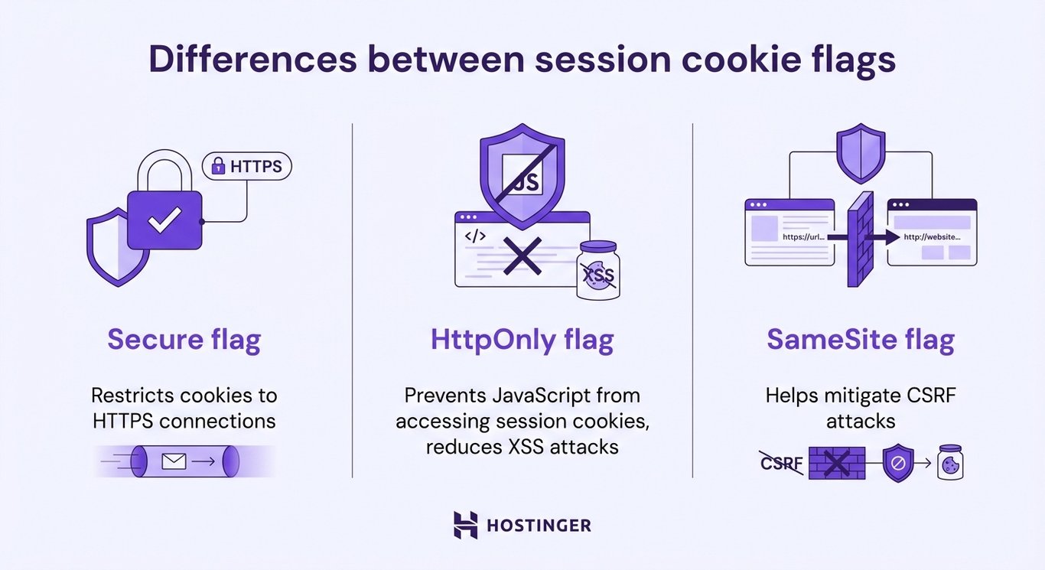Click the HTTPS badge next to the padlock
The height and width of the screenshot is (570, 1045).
pyautogui.click(x=246, y=165)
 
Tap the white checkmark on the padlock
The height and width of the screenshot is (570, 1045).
pyautogui.click(x=164, y=220)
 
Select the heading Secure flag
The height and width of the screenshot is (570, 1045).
pyautogui.click(x=184, y=340)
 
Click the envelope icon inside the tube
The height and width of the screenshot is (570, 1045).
pyautogui.click(x=174, y=461)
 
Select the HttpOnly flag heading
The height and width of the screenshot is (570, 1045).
pyautogui.click(x=522, y=340)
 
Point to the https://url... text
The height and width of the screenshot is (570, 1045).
pyautogui.click(x=804, y=237)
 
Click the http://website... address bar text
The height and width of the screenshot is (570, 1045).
pyautogui.click(x=931, y=237)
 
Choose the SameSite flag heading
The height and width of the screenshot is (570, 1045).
pyautogui.click(x=861, y=340)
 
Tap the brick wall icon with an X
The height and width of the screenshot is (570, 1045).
pyautogui.click(x=837, y=463)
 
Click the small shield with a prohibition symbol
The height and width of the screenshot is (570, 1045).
pyautogui.click(x=898, y=463)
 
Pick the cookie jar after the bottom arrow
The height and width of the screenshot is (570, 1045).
pyautogui.click(x=950, y=463)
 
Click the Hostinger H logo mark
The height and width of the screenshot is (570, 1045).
pyautogui.click(x=465, y=525)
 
